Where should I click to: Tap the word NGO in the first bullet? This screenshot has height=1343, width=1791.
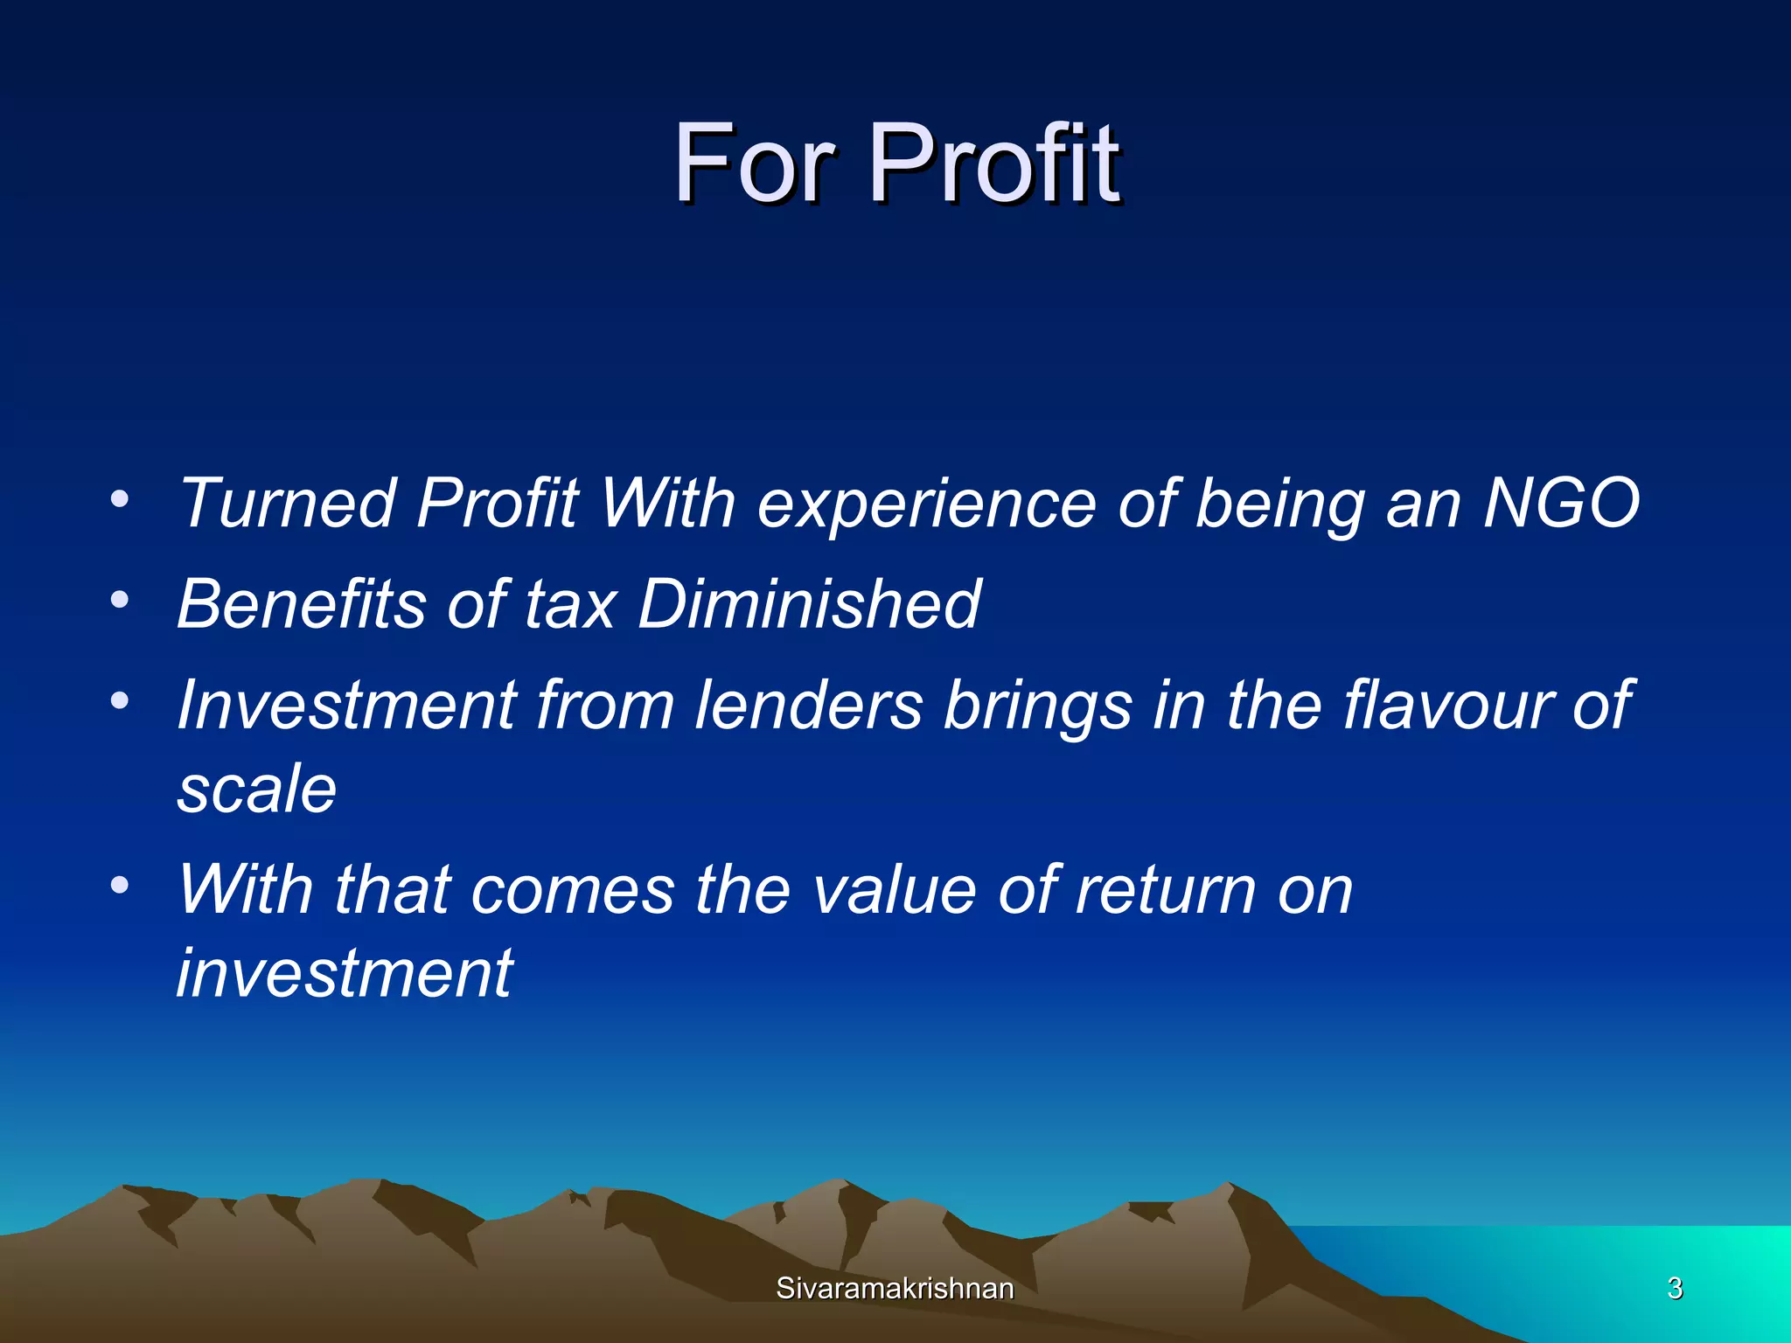1561,504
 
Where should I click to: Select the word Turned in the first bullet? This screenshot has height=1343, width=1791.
288,504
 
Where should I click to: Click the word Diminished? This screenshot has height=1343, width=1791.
809,604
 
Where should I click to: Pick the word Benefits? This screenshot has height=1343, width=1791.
302,604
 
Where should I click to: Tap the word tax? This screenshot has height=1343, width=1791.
570,606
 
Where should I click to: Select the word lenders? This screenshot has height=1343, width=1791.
808,705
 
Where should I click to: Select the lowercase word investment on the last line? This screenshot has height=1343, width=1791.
345,973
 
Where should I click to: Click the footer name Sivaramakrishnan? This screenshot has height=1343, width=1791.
895,1289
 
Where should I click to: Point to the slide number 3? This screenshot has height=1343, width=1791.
1675,1289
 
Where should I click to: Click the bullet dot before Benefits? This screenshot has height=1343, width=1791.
120,600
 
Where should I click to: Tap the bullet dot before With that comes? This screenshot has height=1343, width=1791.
120,885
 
